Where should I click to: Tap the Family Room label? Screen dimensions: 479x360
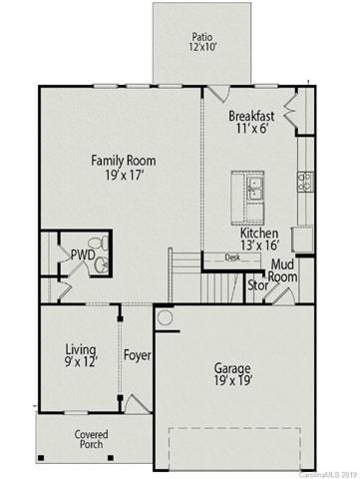(123, 167)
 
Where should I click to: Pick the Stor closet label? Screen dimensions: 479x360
(259, 284)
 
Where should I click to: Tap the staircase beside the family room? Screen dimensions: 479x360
(186, 275)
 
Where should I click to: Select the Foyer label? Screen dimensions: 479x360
(136, 355)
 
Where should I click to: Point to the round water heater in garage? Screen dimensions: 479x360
(166, 319)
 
